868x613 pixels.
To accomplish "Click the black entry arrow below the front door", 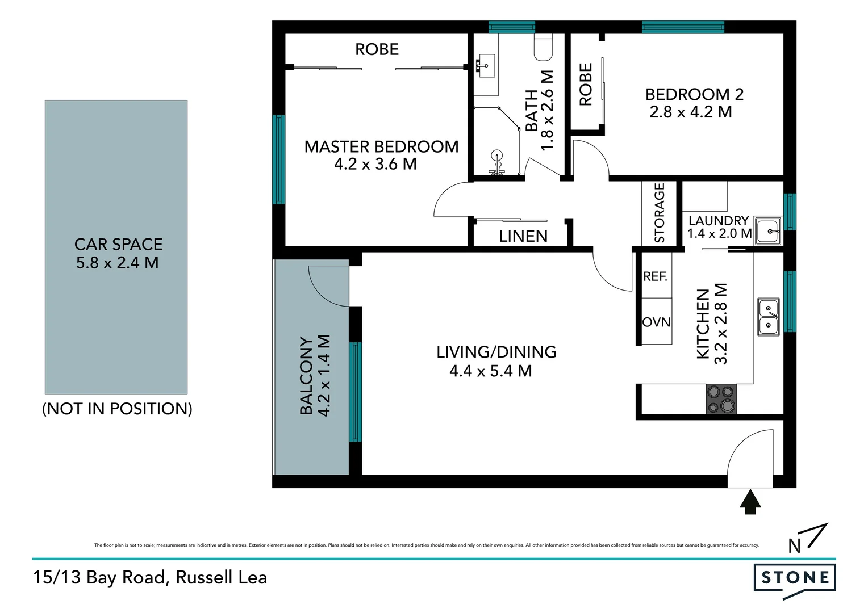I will pos(751,502).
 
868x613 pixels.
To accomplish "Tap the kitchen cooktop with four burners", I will pos(721,399).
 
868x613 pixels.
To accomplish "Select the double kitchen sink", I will pos(769,317).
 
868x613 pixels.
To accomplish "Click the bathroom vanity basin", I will pos(486,66).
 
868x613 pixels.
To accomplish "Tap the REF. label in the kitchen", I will pos(655,276).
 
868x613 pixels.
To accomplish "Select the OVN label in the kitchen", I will pos(656,322).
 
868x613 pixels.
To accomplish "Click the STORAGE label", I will pos(660,213).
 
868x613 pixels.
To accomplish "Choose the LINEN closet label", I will pos(523,236).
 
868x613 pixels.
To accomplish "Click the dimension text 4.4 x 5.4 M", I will pos(490,371).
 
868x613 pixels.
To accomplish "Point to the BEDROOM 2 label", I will pos(694,94).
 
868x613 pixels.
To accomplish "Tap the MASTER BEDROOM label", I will pos(381,147).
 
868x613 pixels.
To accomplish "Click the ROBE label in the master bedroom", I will pos(377,50).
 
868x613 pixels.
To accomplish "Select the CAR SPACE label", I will pos(118,245).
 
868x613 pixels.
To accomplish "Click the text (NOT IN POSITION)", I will pos(117,409).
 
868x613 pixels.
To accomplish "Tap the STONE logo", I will pos(795,578).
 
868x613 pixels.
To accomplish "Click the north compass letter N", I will pos(794,546).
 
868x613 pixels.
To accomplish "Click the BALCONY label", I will pos(306,376).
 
